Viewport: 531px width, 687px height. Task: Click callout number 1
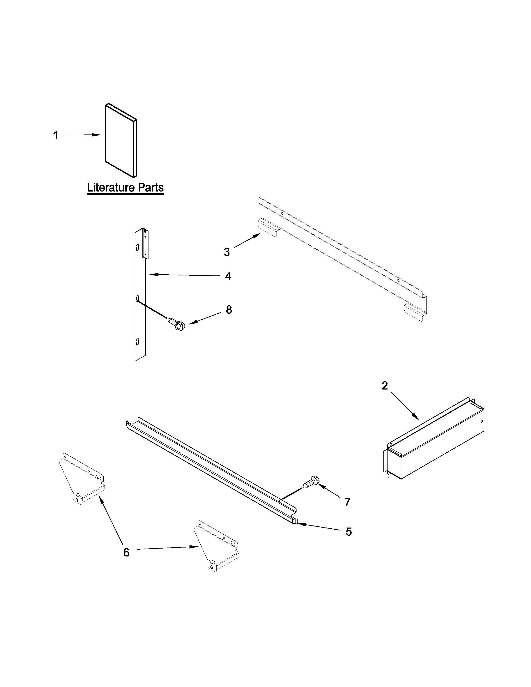point(55,136)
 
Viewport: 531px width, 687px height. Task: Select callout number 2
point(385,386)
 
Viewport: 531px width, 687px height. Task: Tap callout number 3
point(227,252)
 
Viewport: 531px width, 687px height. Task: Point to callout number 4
point(228,276)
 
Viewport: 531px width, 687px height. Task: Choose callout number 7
point(347,502)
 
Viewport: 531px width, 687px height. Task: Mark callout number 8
point(229,310)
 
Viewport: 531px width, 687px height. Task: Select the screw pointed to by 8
point(176,323)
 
